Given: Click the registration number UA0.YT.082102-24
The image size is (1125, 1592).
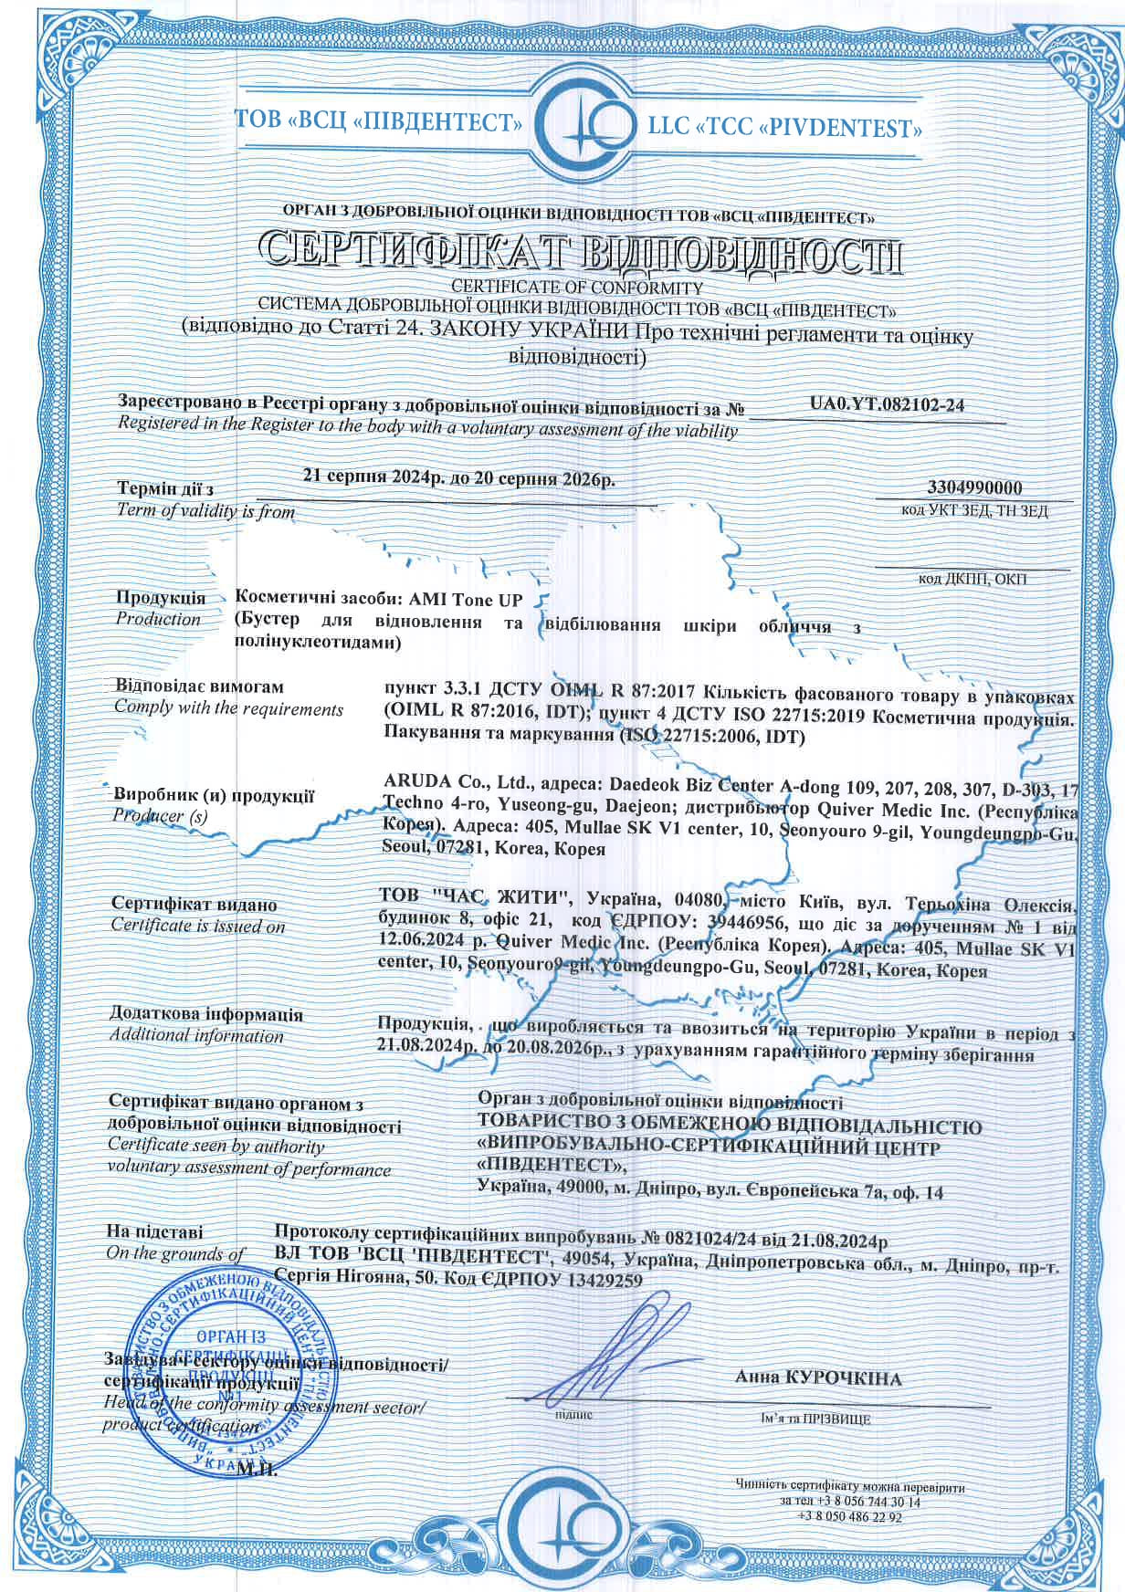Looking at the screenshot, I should tap(887, 405).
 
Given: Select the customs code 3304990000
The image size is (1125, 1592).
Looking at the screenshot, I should tap(973, 488).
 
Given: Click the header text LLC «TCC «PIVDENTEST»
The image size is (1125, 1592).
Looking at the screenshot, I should tap(785, 127).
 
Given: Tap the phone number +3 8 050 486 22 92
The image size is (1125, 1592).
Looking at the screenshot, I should tap(849, 1517).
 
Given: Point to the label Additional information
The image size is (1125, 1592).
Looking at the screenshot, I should tap(196, 1035).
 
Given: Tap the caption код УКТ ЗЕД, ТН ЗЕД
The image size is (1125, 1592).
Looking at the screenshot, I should tap(974, 510).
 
